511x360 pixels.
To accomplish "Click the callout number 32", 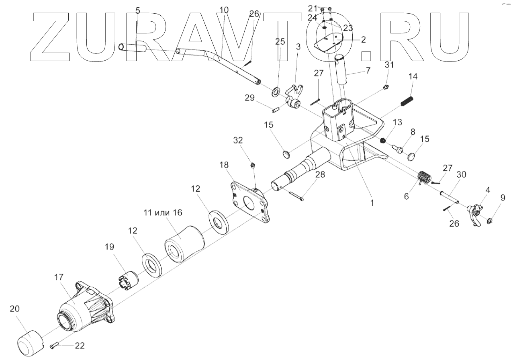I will click(238, 140).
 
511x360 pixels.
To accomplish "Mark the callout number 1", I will click(372, 203).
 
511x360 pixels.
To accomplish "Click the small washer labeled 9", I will click(490, 221).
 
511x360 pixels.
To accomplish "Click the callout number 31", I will click(389, 65).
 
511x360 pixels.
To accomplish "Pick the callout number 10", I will click(224, 10).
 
